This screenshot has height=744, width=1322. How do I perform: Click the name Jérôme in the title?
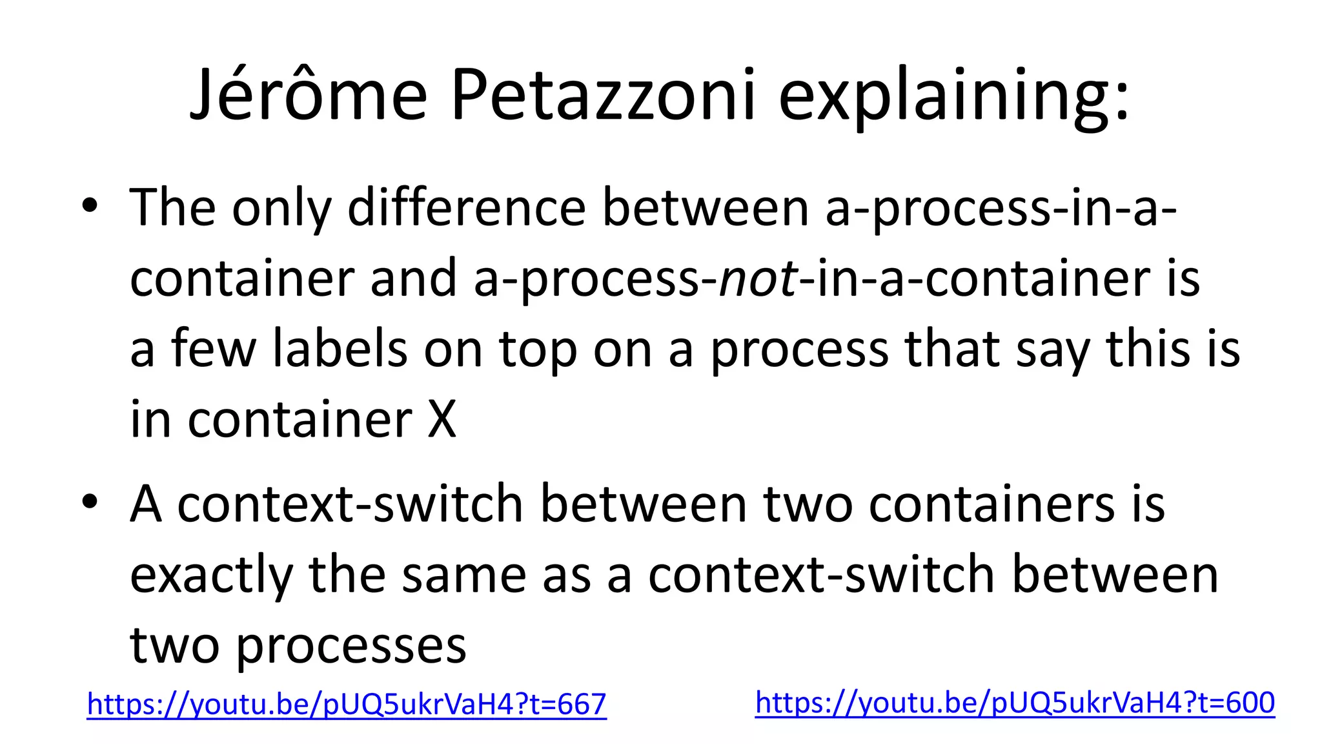tap(309, 96)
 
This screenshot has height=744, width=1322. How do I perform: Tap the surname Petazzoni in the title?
tap(603, 96)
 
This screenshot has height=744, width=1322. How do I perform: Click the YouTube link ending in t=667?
tap(347, 704)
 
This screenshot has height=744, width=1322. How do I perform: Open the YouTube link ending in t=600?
tap(1015, 703)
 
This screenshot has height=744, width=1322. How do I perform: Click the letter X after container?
tap(442, 420)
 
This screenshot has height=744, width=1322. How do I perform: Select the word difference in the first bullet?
tap(467, 208)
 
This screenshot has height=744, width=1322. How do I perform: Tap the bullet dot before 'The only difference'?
tap(90, 206)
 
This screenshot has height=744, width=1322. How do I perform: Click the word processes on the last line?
tap(351, 645)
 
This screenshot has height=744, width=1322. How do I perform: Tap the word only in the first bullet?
tap(281, 209)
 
